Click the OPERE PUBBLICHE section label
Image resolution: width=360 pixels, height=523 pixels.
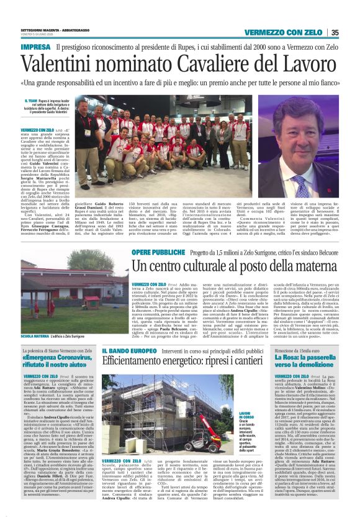click(x=153, y=253)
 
